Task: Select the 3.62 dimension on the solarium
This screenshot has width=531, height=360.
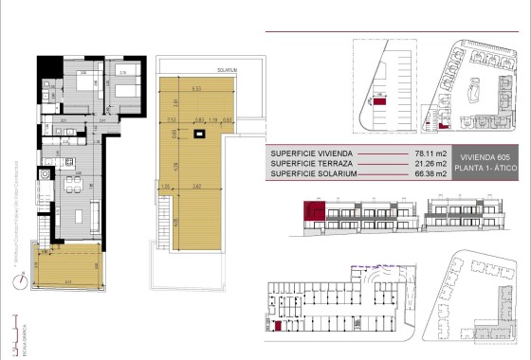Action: click(x=195, y=186)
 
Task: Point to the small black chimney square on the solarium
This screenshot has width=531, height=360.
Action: click(x=198, y=136)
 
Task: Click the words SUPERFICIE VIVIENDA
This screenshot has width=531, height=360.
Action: click(x=312, y=153)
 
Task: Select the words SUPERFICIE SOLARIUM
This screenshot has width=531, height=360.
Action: click(x=313, y=173)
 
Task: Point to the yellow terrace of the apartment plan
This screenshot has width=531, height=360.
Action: click(x=67, y=268)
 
